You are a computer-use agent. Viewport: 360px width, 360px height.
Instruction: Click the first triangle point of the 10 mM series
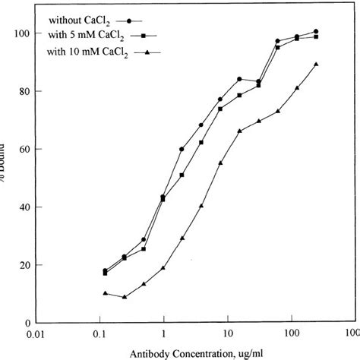105,293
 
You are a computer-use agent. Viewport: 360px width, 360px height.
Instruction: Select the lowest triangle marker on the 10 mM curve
124,296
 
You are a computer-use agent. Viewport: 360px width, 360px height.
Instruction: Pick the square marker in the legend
164,35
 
